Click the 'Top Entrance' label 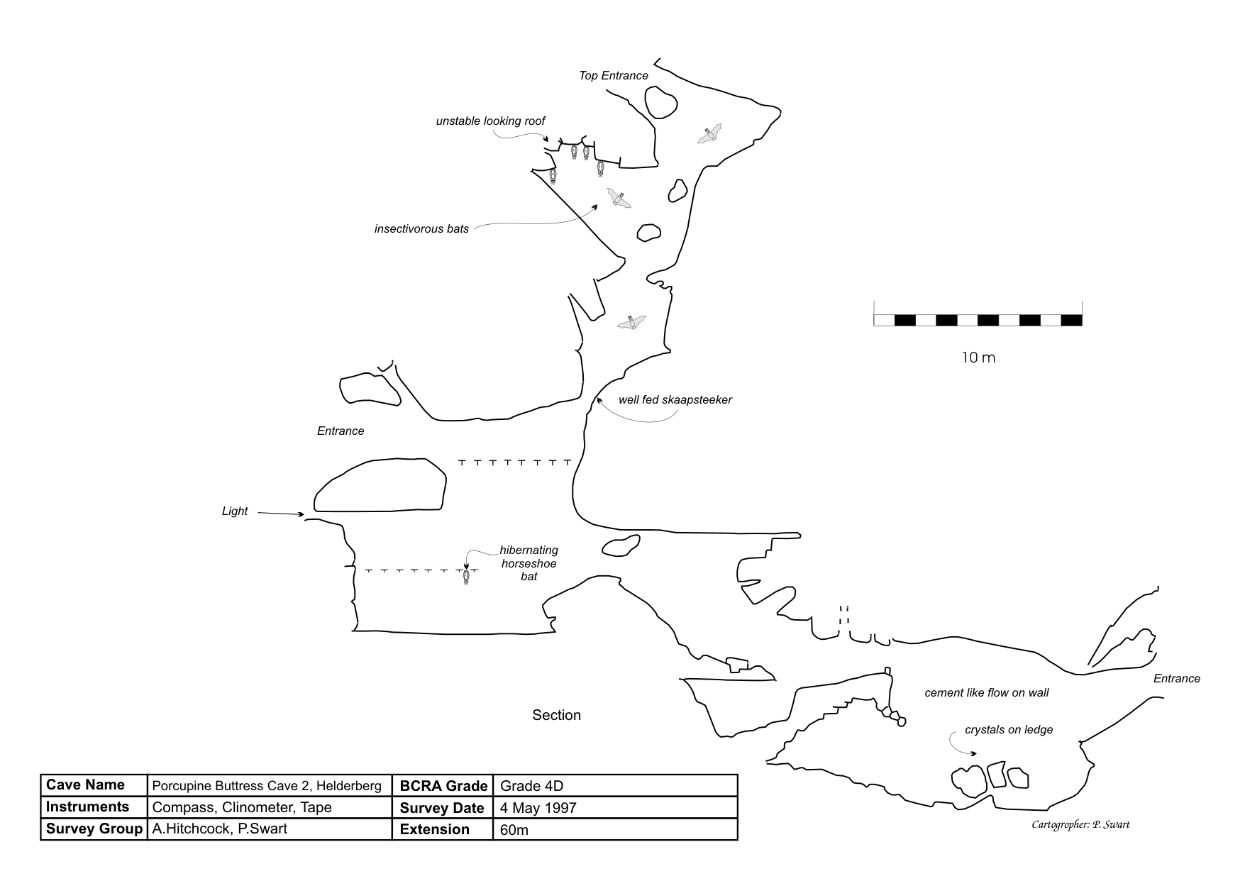[x=613, y=76]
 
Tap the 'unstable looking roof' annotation [x=490, y=121]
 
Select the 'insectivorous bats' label [x=421, y=229]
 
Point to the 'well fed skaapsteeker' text [x=675, y=400]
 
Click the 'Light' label [x=235, y=511]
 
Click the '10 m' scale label [x=978, y=358]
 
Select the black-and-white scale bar [x=978, y=320]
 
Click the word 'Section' [x=556, y=715]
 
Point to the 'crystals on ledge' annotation [x=1008, y=730]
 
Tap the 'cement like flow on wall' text [x=986, y=693]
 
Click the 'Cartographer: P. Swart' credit [x=1080, y=824]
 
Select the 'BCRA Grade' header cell [x=443, y=785]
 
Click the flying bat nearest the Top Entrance [x=709, y=133]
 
